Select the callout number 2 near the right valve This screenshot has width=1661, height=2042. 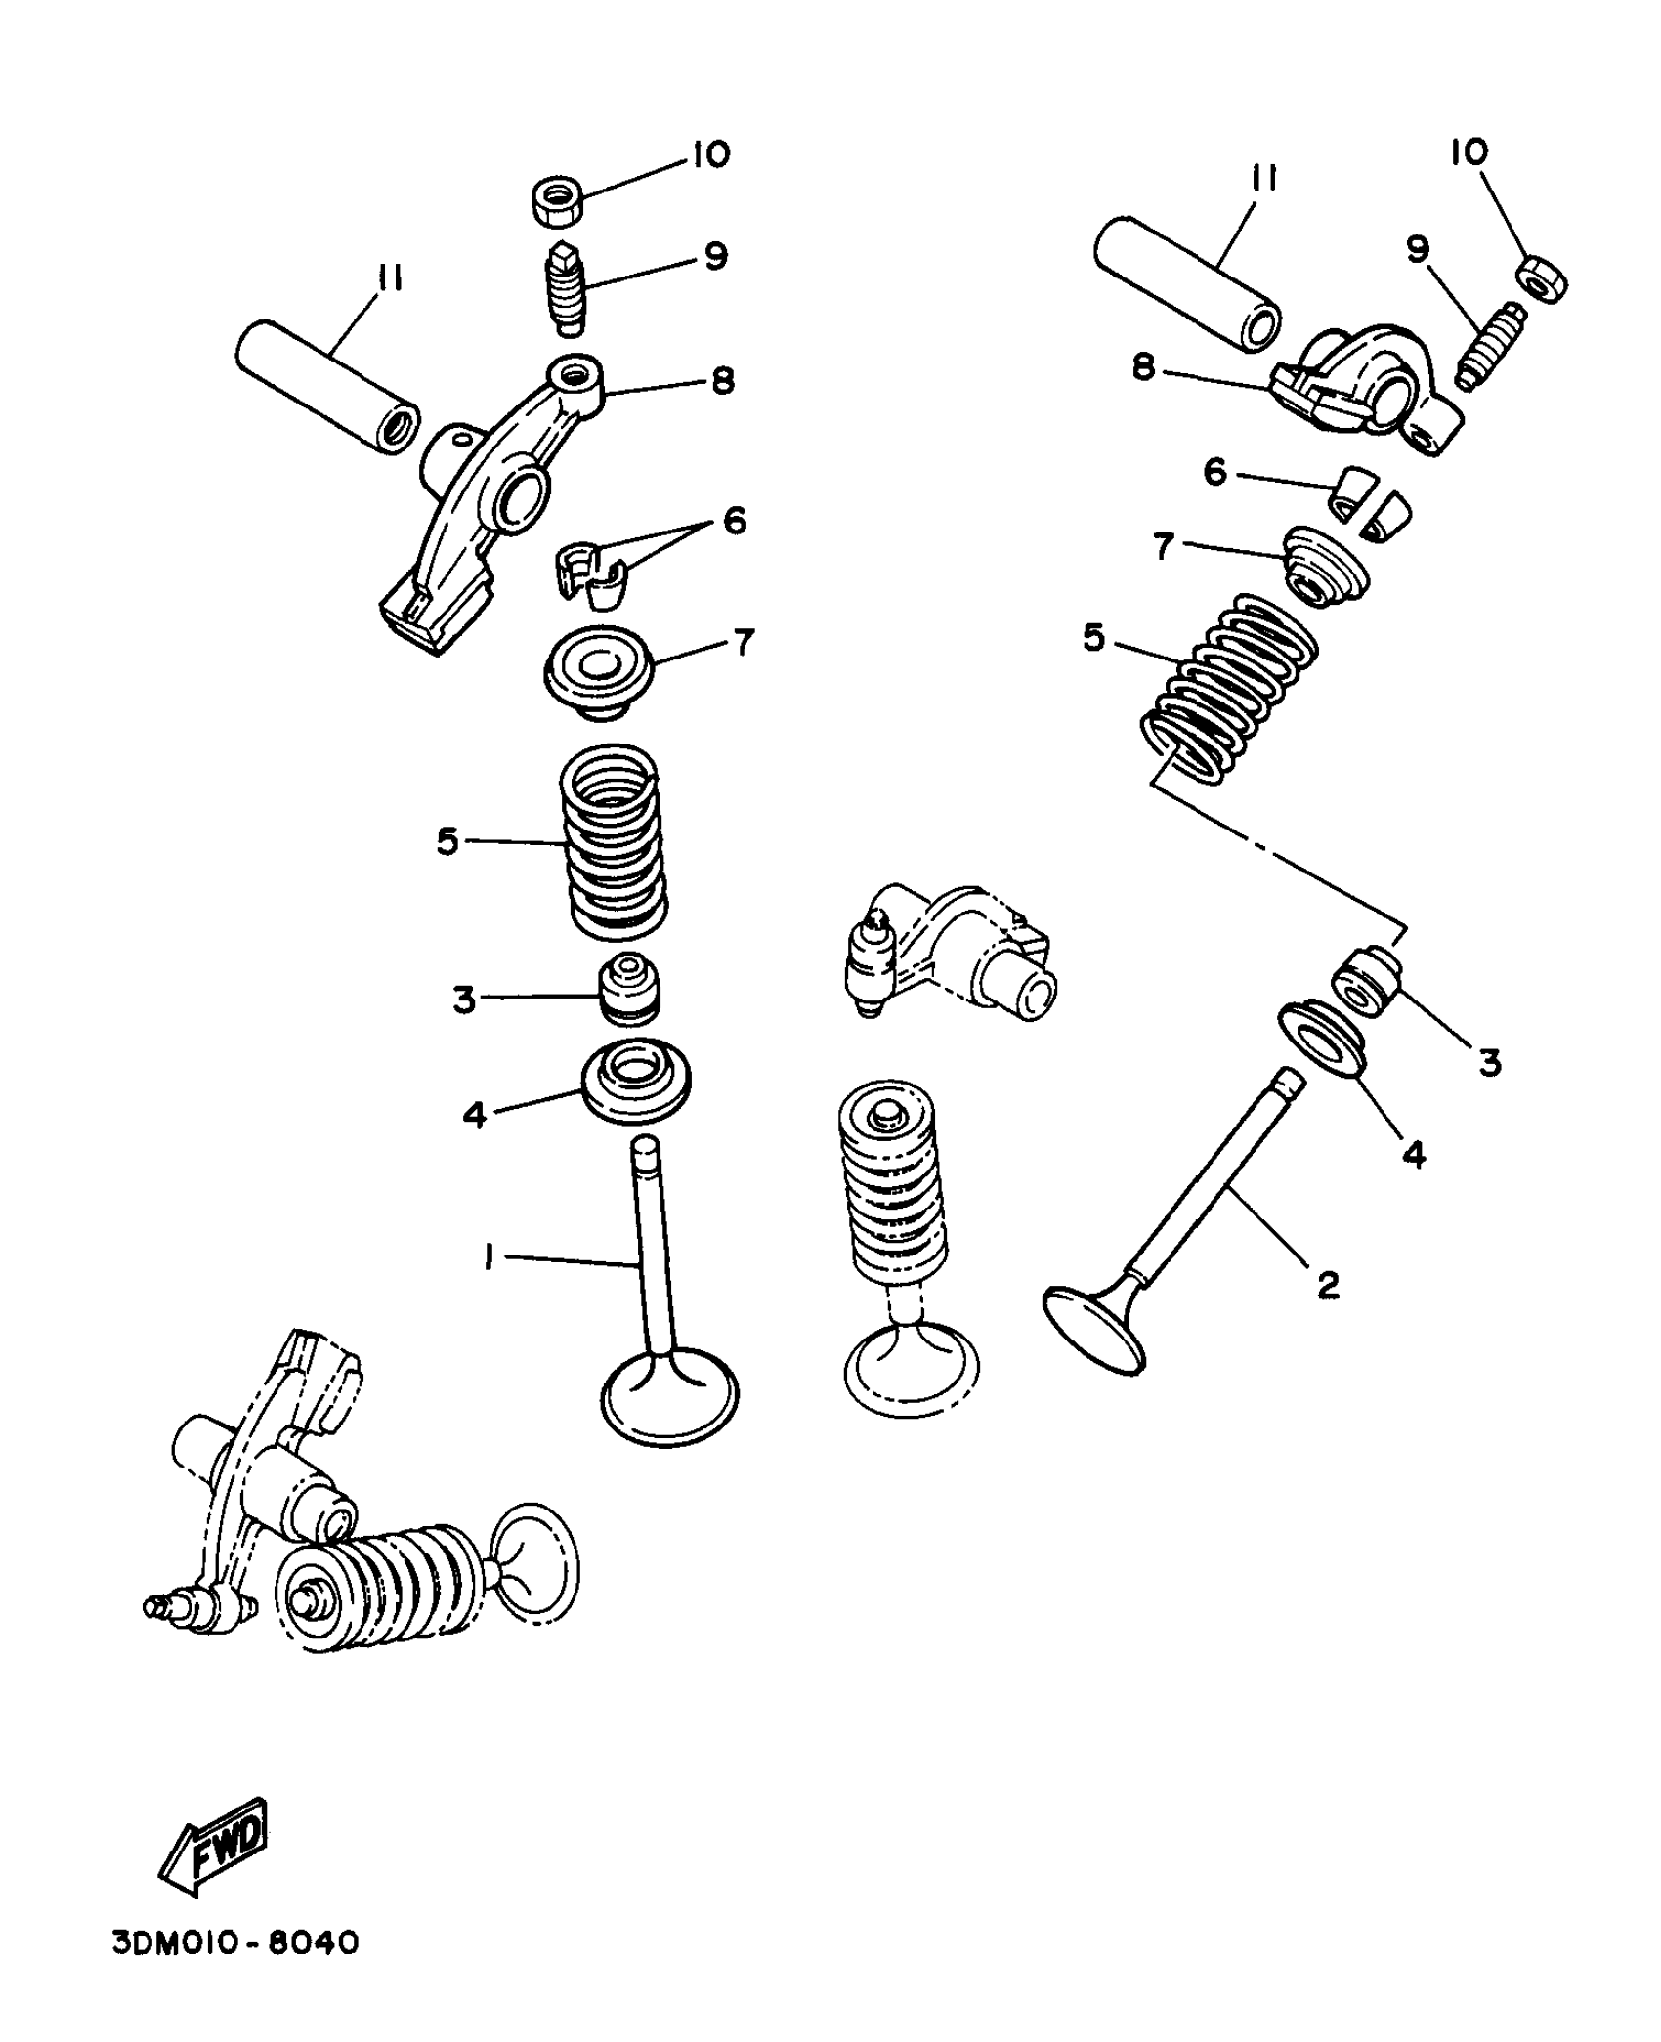coord(1327,1285)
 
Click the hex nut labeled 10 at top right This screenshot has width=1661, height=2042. coord(1543,277)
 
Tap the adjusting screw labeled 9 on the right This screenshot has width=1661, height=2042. coord(1491,346)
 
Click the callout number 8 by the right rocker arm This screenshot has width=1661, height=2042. coord(1142,368)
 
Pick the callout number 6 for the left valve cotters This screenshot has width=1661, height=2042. coord(734,520)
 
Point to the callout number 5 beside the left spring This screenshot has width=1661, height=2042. coord(447,841)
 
